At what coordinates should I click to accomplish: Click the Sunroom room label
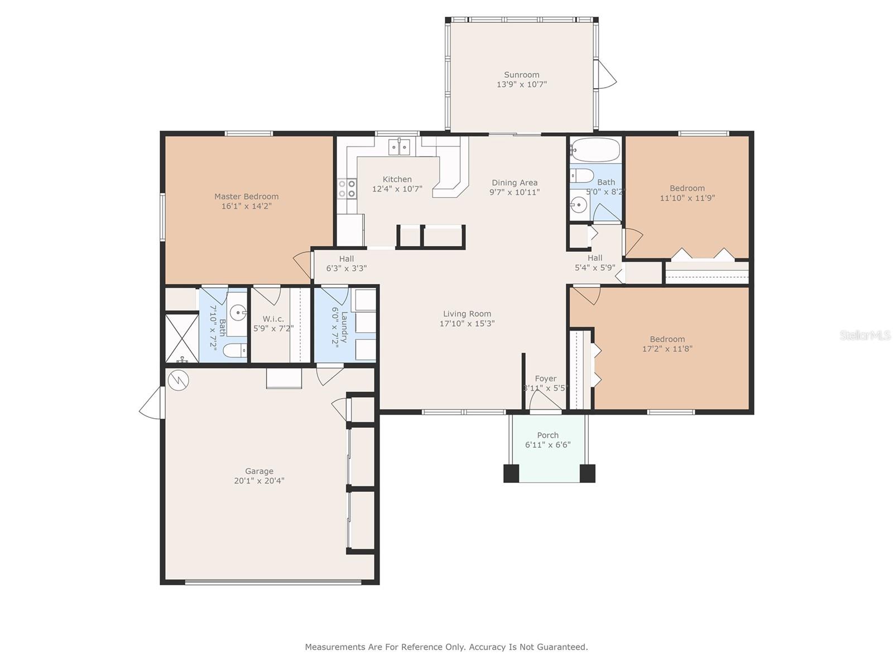pyautogui.click(x=521, y=75)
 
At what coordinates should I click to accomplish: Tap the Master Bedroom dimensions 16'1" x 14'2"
pyautogui.click(x=246, y=206)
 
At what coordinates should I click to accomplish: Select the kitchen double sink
pyautogui.click(x=400, y=147)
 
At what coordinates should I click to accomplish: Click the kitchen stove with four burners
pyautogui.click(x=347, y=189)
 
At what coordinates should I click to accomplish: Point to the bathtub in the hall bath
pyautogui.click(x=595, y=150)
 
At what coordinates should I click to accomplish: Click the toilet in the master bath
pyautogui.click(x=235, y=350)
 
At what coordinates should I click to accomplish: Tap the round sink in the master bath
pyautogui.click(x=238, y=313)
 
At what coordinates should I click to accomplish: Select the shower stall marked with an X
pyautogui.click(x=182, y=337)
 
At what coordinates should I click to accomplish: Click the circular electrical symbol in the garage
pyautogui.click(x=178, y=381)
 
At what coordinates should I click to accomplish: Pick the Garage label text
pyautogui.click(x=259, y=471)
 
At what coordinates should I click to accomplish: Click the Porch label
pyautogui.click(x=548, y=435)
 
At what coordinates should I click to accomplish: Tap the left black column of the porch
pyautogui.click(x=511, y=473)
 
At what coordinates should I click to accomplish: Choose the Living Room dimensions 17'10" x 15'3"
pyautogui.click(x=467, y=324)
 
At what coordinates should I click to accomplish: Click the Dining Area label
pyautogui.click(x=515, y=183)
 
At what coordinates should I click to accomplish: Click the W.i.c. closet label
pyautogui.click(x=273, y=319)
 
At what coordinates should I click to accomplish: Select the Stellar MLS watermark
pyautogui.click(x=865, y=335)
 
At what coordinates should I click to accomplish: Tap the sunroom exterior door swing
pyautogui.click(x=607, y=74)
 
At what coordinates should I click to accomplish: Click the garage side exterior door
pyautogui.click(x=151, y=403)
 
